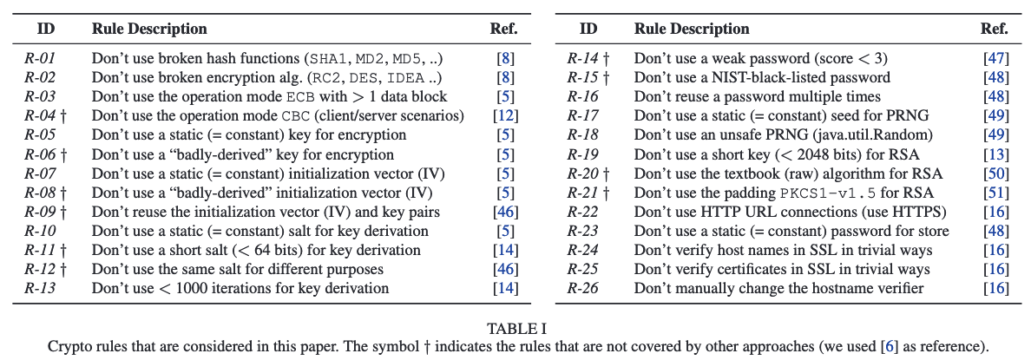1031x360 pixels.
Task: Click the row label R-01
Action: pyautogui.click(x=39, y=58)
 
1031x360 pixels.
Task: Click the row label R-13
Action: pyautogui.click(x=39, y=288)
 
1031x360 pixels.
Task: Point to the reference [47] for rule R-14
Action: pyautogui.click(x=995, y=58)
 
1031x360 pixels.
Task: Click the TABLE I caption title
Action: pyautogui.click(x=515, y=328)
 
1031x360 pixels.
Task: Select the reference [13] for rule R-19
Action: pyautogui.click(x=995, y=154)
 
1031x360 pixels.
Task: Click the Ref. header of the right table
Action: pyautogui.click(x=995, y=29)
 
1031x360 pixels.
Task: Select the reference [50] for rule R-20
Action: pyautogui.click(x=995, y=173)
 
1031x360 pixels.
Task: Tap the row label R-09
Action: pyautogui.click(x=39, y=212)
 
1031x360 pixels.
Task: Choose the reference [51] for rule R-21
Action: pyautogui.click(x=995, y=193)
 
